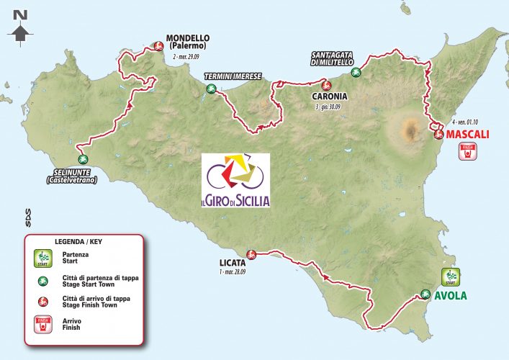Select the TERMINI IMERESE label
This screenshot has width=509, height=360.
pyautogui.click(x=232, y=76)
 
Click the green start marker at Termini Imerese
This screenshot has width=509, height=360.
pyautogui.click(x=211, y=89)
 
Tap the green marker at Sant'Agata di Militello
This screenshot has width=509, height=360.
pyautogui.click(x=355, y=72)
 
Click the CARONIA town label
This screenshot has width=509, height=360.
pyautogui.click(x=330, y=96)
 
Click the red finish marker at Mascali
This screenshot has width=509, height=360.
pyautogui.click(x=438, y=133)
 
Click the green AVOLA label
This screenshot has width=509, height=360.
pyautogui.click(x=451, y=295)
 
